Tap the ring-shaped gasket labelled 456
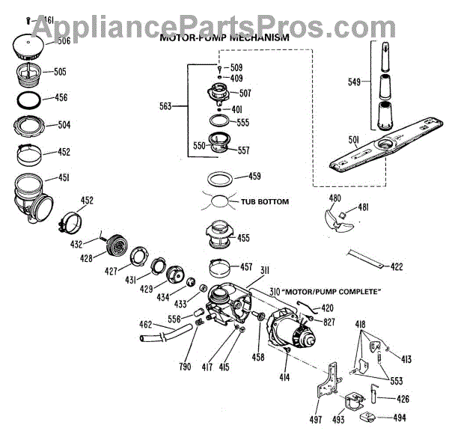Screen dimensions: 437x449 coord(31,98)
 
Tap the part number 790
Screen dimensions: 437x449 coord(185,366)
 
